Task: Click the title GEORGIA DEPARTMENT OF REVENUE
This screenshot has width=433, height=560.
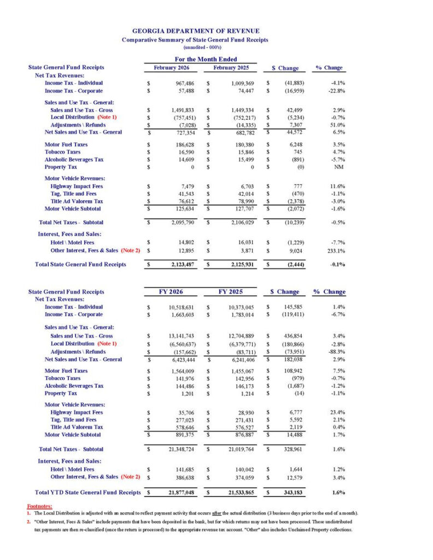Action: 196,31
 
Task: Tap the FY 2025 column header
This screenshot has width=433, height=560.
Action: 231,292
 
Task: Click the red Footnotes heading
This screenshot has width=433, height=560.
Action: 38,506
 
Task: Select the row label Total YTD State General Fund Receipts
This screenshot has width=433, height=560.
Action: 87,493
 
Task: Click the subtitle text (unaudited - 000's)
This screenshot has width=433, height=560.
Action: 195,48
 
